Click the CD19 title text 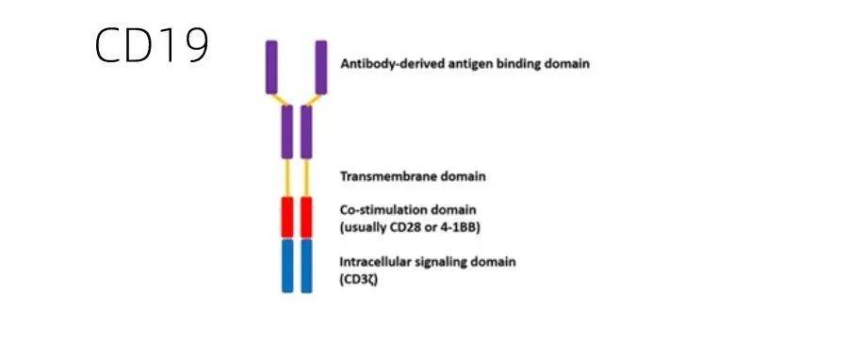click(151, 45)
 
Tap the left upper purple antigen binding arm click(271, 67)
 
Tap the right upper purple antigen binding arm click(321, 67)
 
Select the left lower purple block click(287, 131)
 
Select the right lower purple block click(306, 131)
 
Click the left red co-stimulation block click(287, 217)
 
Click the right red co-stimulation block click(306, 217)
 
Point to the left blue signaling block click(287, 265)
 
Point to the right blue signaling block click(306, 265)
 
